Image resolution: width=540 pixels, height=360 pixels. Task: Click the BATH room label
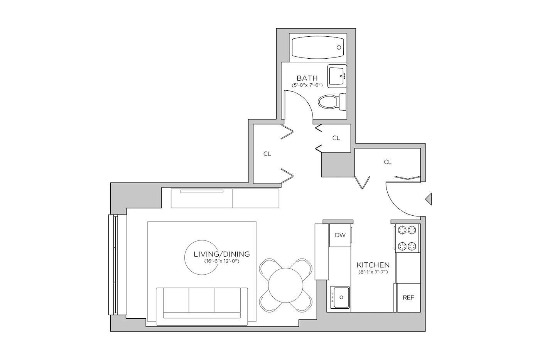click(307, 78)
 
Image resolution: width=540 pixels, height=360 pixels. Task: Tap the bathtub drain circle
click(339, 47)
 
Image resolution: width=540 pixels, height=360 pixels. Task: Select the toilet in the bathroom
click(332, 102)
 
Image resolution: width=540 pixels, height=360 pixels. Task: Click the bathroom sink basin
click(337, 76)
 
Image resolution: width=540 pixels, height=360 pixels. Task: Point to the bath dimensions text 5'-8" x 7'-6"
click(307, 85)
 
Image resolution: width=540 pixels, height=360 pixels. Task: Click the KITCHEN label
click(373, 265)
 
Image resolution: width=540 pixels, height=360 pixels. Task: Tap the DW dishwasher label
click(340, 235)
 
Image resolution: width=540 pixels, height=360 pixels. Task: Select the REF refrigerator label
click(408, 297)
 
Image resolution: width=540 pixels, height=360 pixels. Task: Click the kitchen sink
click(340, 297)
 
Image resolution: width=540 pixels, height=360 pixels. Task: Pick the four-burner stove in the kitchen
click(407, 238)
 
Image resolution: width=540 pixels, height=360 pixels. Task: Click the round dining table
click(286, 285)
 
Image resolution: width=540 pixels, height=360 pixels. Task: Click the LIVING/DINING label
click(222, 254)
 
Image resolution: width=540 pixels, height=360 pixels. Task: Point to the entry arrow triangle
click(429, 199)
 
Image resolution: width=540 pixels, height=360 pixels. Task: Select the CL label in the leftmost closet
click(267, 154)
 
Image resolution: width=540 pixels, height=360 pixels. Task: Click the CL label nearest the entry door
click(388, 162)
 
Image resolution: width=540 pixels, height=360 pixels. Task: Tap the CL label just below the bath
click(336, 138)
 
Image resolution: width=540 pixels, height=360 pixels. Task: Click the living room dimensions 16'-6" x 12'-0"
click(221, 261)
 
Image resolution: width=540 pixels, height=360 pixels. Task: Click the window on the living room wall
click(117, 265)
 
